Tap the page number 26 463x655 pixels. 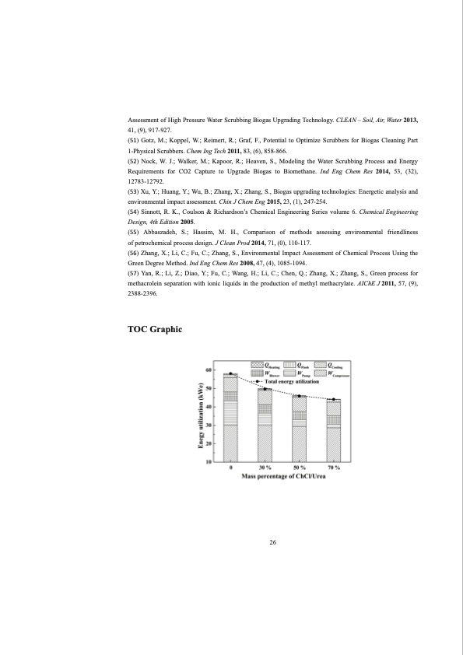(x=273, y=544)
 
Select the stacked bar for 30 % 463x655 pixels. (x=265, y=425)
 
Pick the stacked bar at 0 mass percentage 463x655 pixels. (x=231, y=418)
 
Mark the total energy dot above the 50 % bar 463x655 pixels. (x=300, y=396)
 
